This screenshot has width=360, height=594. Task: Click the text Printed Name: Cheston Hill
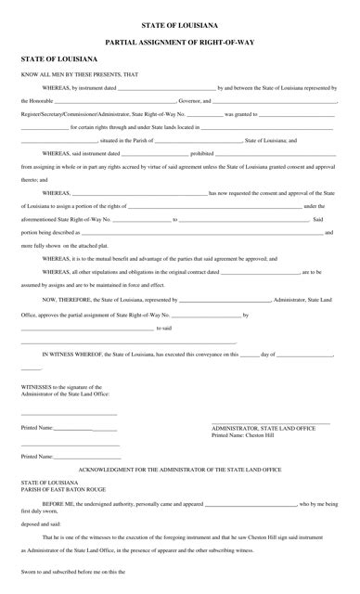coord(245,435)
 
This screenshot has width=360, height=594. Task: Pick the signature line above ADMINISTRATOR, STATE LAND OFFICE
coord(271,422)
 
